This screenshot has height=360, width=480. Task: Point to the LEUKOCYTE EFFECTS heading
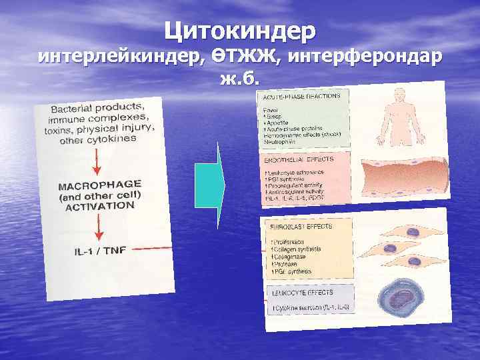297,291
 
